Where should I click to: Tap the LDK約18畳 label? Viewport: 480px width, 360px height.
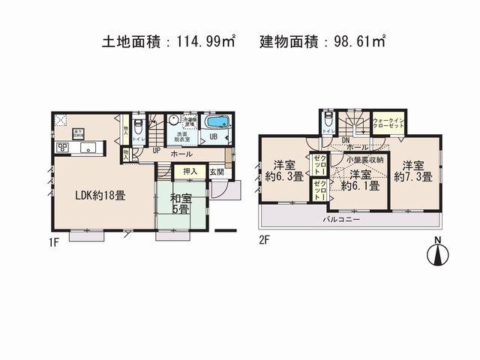99,194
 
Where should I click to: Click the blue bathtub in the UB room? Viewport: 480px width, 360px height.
218,121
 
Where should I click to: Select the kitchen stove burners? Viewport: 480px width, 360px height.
61,147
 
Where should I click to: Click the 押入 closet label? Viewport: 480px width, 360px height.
191,172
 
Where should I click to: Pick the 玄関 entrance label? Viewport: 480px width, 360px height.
216,172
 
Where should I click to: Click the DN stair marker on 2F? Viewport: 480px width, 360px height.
346,139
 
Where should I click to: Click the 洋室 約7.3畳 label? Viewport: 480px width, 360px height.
415,171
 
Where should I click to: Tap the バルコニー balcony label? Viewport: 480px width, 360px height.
342,220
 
